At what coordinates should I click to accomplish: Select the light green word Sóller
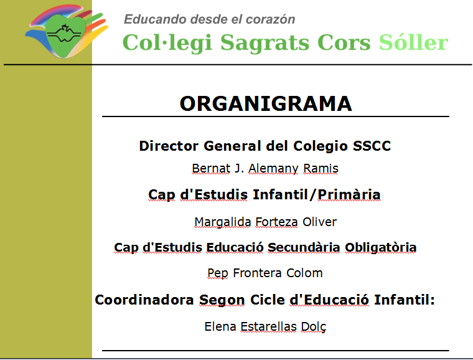(414, 42)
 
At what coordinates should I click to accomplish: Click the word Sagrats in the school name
(265, 44)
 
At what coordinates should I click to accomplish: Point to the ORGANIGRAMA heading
(266, 103)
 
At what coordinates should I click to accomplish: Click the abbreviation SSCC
(372, 146)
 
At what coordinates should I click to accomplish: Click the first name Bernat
(211, 168)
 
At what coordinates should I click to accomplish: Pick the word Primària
(349, 194)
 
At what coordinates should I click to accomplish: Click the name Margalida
(223, 222)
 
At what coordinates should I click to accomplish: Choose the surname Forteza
(276, 222)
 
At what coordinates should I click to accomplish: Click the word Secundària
(304, 247)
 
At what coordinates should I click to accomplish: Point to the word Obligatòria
(381, 248)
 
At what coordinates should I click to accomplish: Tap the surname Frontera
(257, 273)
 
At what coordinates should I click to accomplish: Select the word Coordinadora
(144, 300)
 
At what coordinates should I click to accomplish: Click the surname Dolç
(314, 327)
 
